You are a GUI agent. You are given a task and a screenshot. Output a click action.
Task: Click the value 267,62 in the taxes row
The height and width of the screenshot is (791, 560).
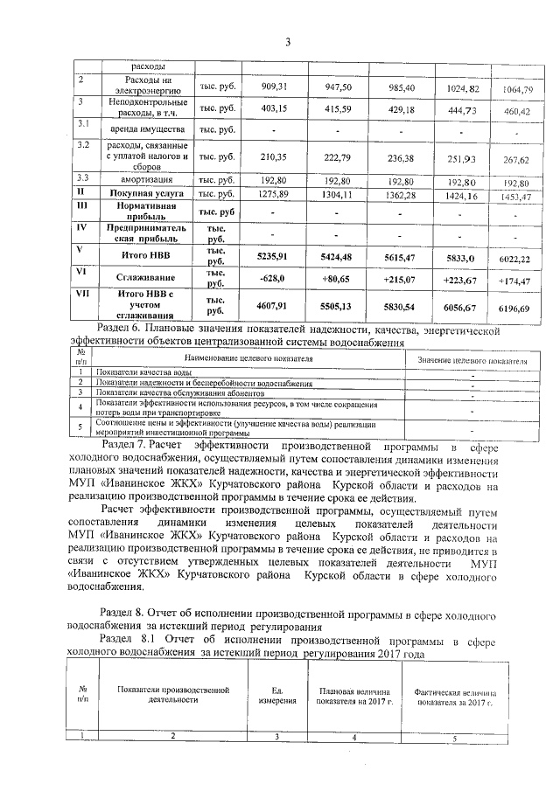click(512, 160)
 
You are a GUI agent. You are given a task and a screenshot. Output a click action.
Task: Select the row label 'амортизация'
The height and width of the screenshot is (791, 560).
click(143, 180)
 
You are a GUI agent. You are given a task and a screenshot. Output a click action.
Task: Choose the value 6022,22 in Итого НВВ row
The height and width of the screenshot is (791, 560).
click(514, 260)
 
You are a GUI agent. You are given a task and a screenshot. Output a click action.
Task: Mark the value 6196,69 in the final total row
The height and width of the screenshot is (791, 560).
click(514, 309)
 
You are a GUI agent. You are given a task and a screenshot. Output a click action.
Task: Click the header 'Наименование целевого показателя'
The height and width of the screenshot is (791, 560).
click(248, 359)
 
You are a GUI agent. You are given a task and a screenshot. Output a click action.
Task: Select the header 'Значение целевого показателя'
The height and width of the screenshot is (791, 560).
click(472, 360)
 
